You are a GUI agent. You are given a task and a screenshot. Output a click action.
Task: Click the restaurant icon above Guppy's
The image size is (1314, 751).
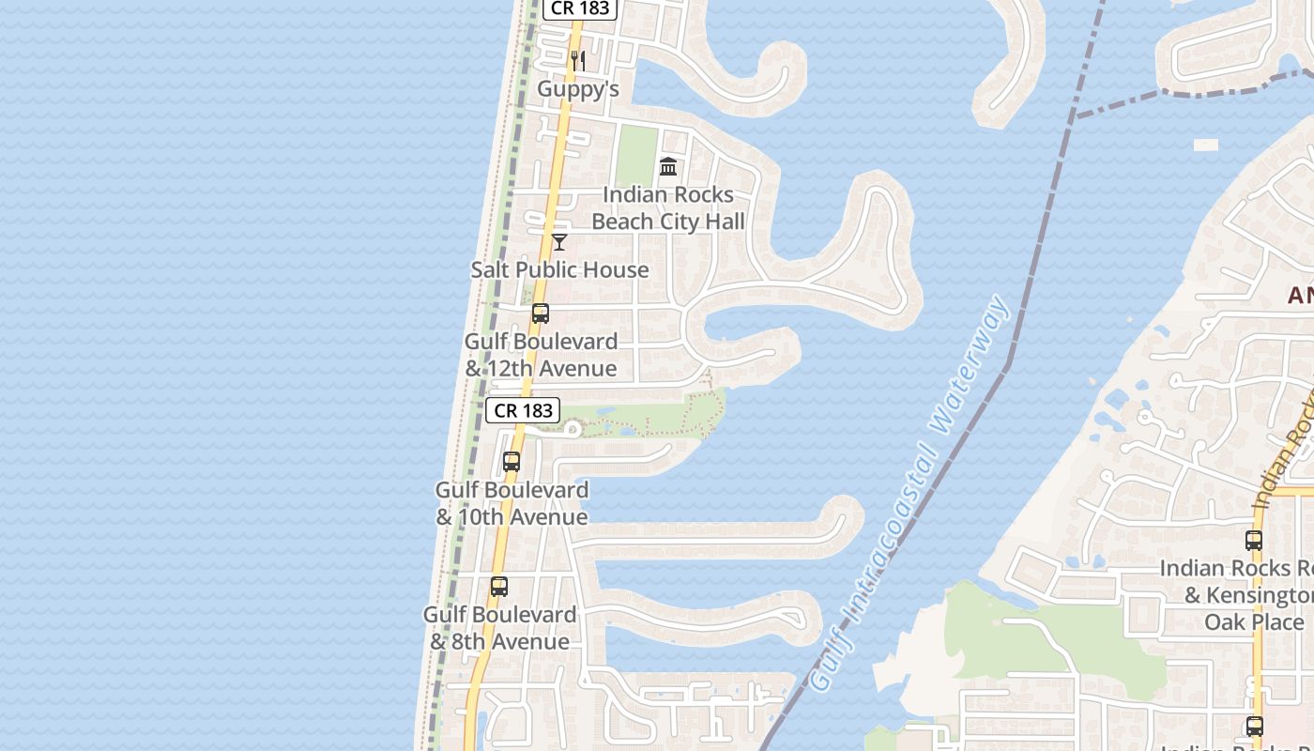(578, 61)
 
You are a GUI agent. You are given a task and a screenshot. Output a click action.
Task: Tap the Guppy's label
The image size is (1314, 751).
(578, 89)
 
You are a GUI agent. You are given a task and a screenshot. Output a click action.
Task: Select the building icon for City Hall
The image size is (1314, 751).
(668, 167)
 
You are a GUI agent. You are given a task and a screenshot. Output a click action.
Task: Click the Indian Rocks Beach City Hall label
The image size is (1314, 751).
(668, 207)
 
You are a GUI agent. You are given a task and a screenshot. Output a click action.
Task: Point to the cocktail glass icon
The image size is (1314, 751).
(559, 242)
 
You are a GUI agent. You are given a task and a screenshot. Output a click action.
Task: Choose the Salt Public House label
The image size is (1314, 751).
(559, 269)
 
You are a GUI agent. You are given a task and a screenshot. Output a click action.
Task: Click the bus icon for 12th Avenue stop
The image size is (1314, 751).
(541, 314)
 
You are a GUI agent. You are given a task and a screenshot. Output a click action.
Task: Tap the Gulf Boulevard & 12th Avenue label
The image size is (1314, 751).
(541, 355)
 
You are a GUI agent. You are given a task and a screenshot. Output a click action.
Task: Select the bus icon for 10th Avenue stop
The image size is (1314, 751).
(512, 462)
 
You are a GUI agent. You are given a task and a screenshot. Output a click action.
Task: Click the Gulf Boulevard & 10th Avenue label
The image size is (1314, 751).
(512, 503)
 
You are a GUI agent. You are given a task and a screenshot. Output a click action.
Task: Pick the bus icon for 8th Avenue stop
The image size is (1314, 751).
(499, 587)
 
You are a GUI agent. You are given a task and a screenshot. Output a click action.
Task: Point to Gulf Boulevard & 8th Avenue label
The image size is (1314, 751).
(499, 628)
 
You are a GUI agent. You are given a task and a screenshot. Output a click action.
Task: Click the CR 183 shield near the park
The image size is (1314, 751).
(523, 410)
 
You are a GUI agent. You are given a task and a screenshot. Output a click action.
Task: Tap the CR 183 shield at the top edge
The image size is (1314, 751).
(580, 8)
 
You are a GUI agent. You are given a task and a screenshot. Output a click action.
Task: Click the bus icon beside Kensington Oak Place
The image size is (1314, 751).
(1254, 541)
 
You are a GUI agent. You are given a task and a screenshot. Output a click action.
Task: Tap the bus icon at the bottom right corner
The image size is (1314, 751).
(1255, 726)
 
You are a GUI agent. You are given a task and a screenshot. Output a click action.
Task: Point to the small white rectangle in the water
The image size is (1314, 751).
(1206, 146)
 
